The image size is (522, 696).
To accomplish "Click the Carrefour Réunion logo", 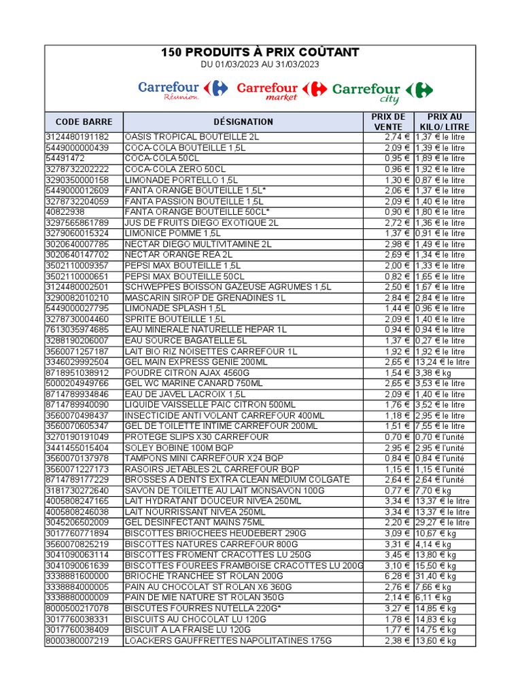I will click(183, 90).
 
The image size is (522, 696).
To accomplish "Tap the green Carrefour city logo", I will click(382, 92).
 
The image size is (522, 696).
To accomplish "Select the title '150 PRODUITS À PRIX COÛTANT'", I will click(260, 52).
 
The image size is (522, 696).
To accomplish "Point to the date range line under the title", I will click(260, 65).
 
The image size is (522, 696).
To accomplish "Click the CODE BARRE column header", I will click(84, 122).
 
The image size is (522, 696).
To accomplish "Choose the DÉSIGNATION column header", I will click(243, 122).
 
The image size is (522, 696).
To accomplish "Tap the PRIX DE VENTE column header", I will click(387, 122).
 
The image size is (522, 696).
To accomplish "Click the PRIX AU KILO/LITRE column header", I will click(445, 122).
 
